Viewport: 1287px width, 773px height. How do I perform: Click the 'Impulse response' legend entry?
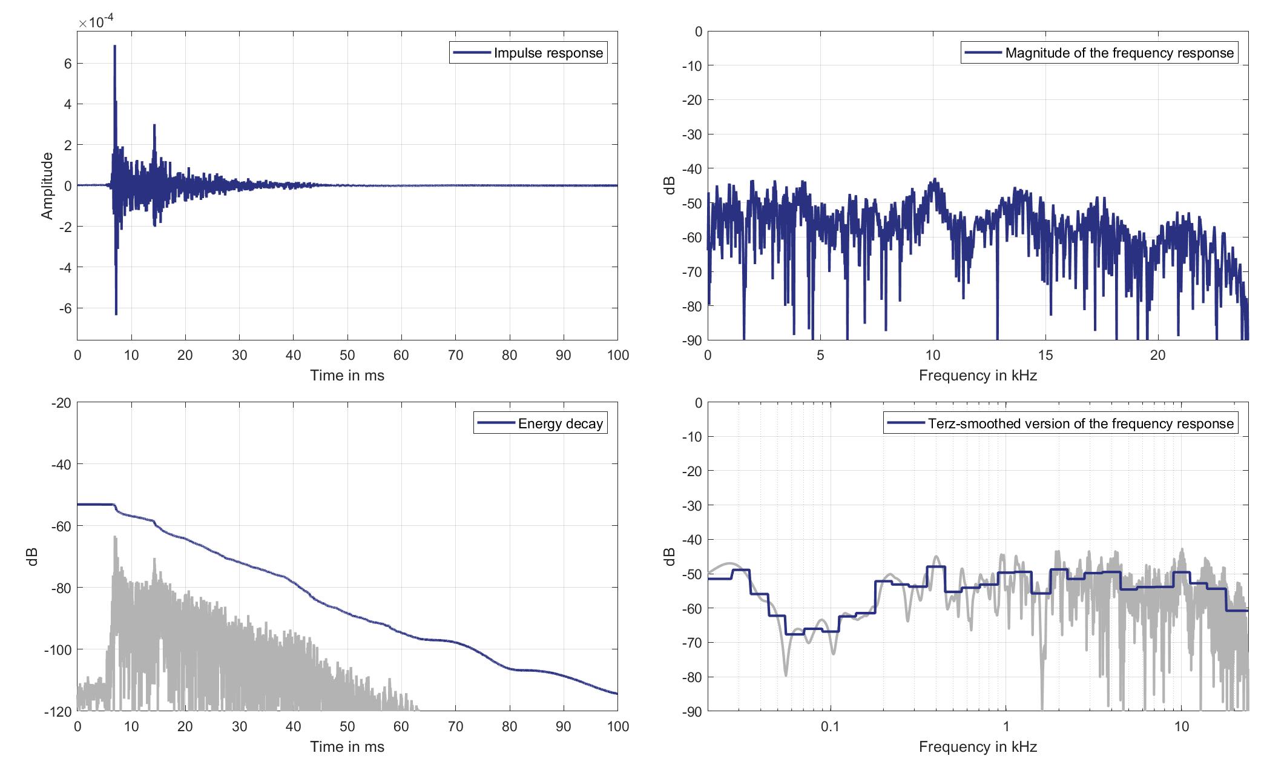pos(548,53)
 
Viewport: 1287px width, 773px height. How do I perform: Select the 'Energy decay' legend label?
pos(560,423)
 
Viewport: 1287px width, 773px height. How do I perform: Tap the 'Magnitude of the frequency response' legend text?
pos(1119,53)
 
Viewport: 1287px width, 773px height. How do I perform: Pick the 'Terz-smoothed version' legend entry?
pos(1081,423)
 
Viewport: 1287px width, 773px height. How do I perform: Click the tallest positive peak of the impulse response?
pos(114,46)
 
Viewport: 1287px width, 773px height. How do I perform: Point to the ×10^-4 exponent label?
pos(96,23)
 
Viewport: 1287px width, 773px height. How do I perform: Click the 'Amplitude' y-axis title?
pos(47,185)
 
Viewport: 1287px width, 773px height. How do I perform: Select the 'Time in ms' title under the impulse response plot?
pos(347,376)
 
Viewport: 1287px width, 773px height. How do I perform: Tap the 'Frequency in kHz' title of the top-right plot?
pos(978,376)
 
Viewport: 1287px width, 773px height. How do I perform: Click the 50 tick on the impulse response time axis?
pos(347,356)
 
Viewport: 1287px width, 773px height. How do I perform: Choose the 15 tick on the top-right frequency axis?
pos(1045,356)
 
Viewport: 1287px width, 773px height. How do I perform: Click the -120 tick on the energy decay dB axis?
pos(58,712)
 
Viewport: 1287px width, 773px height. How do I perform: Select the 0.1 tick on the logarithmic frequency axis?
pos(831,726)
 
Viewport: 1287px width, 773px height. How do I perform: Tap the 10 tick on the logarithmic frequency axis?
pos(1182,726)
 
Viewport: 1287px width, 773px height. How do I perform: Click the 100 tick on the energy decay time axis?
pos(617,726)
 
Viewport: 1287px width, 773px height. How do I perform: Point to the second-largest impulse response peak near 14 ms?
pos(154,125)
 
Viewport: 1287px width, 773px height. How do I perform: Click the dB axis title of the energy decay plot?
pos(33,557)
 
